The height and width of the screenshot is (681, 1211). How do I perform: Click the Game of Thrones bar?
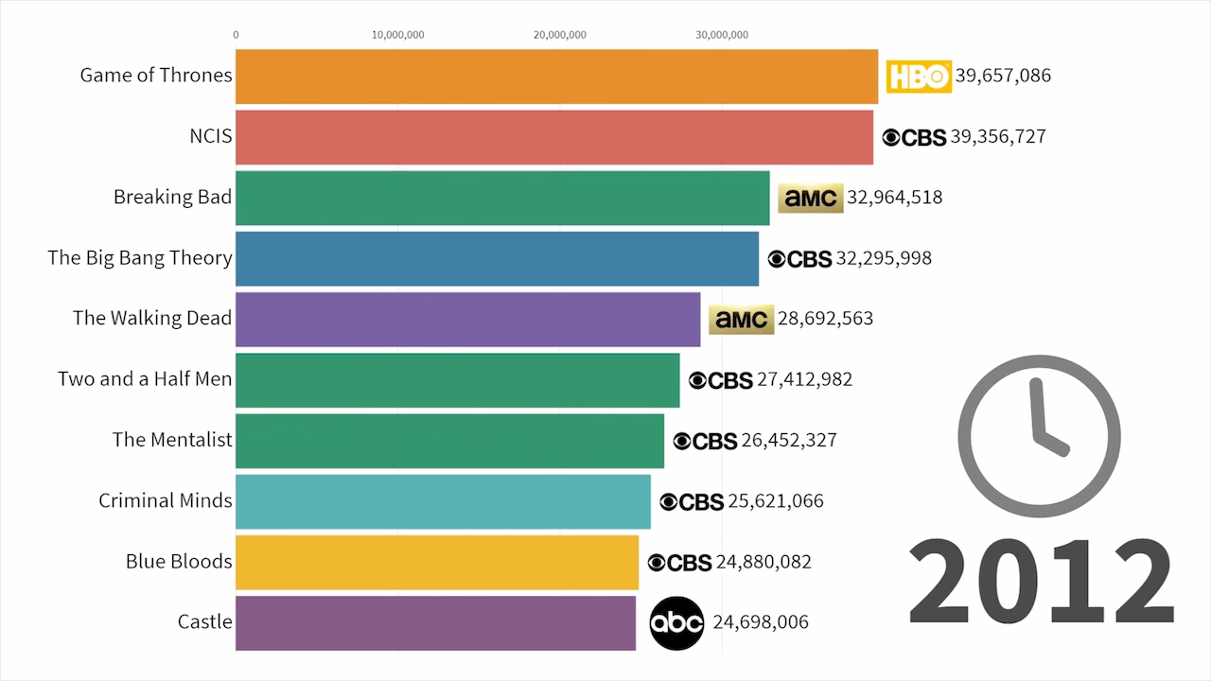click(x=556, y=77)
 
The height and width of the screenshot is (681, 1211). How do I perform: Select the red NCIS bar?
click(x=553, y=137)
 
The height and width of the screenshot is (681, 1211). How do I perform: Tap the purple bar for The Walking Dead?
click(x=467, y=319)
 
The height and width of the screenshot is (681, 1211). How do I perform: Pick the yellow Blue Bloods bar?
click(x=436, y=562)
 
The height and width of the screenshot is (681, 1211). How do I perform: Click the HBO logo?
click(x=918, y=77)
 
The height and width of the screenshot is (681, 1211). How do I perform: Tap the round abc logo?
click(x=676, y=622)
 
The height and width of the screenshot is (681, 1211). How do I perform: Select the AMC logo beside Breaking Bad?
click(x=810, y=198)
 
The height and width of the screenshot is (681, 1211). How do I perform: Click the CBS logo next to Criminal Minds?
click(x=692, y=501)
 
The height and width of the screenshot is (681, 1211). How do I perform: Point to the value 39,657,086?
click(x=1003, y=76)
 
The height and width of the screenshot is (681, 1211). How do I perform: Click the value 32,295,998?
click(x=884, y=258)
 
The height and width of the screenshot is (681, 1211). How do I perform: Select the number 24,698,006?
click(x=761, y=622)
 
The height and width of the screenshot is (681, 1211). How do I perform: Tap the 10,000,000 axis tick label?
click(x=397, y=35)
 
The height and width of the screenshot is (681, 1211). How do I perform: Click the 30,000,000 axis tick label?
click(x=722, y=35)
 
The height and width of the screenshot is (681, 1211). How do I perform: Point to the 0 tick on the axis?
click(x=236, y=35)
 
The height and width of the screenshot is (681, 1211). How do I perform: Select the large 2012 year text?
click(x=1041, y=581)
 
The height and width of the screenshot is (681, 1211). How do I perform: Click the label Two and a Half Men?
click(x=145, y=379)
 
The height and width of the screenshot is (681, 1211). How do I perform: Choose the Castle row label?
click(x=204, y=622)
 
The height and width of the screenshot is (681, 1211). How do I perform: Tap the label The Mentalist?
click(x=172, y=440)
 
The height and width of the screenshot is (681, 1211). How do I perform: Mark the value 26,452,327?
click(x=789, y=441)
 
